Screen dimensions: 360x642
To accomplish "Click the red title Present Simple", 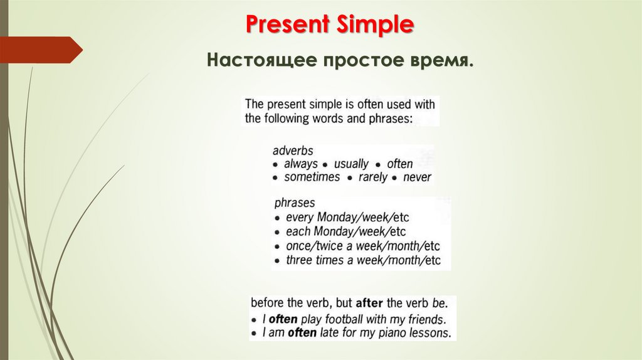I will click(329, 24).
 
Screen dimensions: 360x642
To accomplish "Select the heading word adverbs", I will click(293, 151).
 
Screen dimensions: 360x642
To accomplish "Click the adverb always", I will click(301, 164).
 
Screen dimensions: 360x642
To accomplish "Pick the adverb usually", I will click(351, 164).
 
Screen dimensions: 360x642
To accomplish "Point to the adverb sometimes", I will click(312, 177).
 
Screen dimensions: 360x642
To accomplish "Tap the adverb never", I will click(418, 177).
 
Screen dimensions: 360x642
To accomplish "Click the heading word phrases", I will click(295, 203).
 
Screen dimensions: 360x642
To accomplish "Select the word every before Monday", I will click(299, 218).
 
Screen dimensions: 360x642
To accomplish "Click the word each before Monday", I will click(298, 231).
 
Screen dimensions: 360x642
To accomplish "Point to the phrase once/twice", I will click(317, 245).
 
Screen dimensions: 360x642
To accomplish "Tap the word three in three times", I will click(299, 260).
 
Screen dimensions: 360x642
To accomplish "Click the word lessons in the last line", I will click(429, 333).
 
